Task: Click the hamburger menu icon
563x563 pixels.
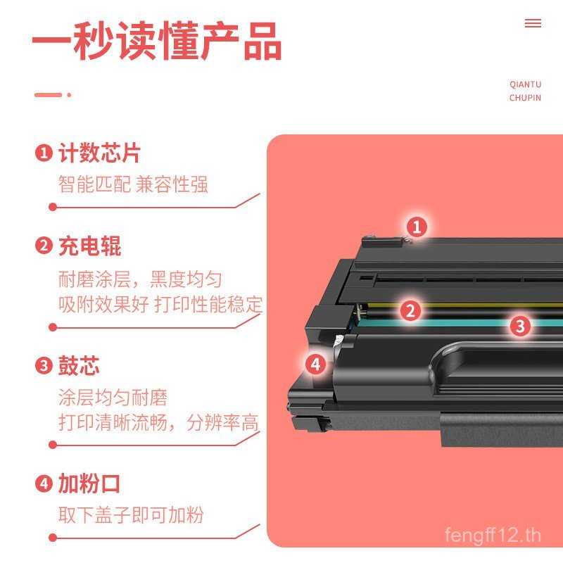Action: pos(533,23)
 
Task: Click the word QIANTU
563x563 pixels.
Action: pos(525,84)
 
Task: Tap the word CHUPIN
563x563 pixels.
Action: pos(525,98)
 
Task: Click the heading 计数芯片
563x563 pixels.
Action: pos(99,153)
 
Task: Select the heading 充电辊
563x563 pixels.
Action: pos(89,246)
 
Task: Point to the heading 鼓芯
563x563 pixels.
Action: pos(79,366)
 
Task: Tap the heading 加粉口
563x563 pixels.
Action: pos(89,484)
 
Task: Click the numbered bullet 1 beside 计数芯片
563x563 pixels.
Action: pos(44,153)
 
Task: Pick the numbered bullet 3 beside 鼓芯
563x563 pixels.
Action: pos(44,366)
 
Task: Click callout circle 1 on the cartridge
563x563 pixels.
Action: pos(417,227)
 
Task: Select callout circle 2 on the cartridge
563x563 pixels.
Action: pos(411,310)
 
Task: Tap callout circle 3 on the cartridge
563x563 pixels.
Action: pos(519,325)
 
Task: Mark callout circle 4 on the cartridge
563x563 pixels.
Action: pos(315,364)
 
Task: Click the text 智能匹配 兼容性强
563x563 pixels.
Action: pos(133,185)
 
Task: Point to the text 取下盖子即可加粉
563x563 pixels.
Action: pos(131,514)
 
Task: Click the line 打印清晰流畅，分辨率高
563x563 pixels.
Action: pos(158,423)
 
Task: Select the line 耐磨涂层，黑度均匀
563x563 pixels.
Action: pos(140,279)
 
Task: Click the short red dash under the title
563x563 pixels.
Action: pos(48,94)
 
